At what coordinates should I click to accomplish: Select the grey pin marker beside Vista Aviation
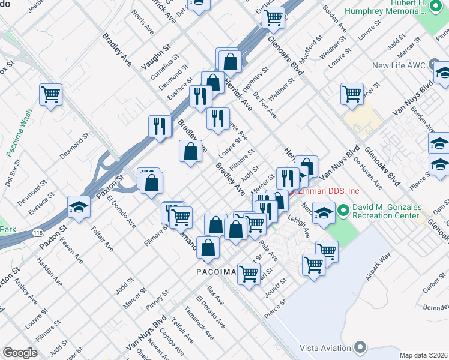pos(360,347)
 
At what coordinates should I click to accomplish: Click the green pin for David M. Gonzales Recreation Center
pos(343,211)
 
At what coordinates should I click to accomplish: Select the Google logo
pos(20,352)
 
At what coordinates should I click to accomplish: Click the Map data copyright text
pos(423,355)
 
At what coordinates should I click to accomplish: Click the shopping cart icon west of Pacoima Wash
pos(51,94)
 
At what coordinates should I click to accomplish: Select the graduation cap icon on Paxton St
pos(79,207)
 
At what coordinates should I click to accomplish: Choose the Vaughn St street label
pos(156,55)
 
